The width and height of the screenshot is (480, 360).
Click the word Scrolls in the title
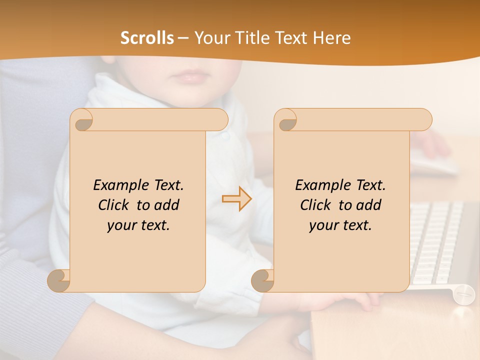tap(147, 38)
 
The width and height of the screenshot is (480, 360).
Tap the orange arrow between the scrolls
tap(236, 199)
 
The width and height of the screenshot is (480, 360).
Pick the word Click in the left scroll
tap(115, 205)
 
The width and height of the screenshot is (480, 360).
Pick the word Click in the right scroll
tap(317, 205)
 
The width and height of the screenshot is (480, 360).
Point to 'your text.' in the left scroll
tap(138, 225)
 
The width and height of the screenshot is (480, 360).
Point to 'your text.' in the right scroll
tap(340, 225)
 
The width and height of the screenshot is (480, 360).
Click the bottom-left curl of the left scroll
tap(59, 280)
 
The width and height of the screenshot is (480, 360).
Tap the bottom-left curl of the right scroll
tap(263, 280)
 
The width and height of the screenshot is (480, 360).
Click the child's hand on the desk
tap(350, 300)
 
